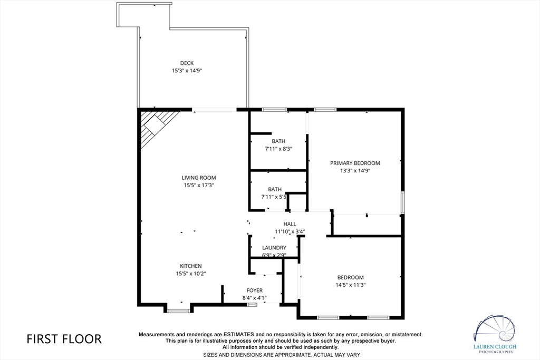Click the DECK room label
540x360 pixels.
[x=187, y=63]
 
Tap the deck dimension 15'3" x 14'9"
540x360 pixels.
[x=187, y=71]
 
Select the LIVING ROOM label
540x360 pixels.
[x=199, y=178]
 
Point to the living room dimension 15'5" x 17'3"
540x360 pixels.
[x=199, y=185]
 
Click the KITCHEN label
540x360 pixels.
[x=191, y=266]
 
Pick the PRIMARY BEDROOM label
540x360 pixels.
[x=355, y=163]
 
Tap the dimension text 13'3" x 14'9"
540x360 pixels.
[x=355, y=171]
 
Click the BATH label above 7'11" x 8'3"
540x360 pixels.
[x=278, y=141]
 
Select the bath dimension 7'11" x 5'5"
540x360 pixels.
[x=274, y=197]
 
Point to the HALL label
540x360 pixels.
[x=290, y=224]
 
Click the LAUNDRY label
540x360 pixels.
[x=274, y=247]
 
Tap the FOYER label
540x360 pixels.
[x=255, y=290]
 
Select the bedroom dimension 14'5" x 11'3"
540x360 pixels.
[x=351, y=285]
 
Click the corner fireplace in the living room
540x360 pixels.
[x=157, y=125]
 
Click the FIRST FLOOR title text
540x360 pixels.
[x=64, y=339]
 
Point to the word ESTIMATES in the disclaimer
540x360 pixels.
[x=239, y=334]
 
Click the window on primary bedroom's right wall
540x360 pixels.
[x=402, y=203]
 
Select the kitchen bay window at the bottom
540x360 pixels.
[x=178, y=311]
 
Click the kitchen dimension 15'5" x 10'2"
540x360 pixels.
[x=191, y=274]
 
